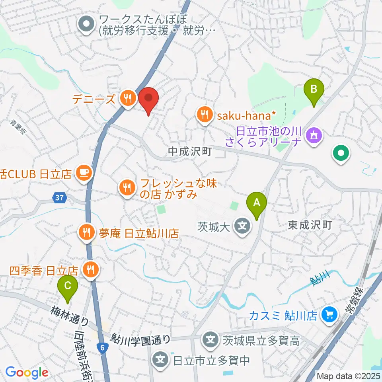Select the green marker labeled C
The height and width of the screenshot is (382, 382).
click(x=68, y=286)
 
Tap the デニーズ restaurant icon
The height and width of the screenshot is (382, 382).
click(x=127, y=98)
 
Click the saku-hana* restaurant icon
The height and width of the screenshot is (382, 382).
click(x=205, y=115)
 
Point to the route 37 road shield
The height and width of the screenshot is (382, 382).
click(x=58, y=197)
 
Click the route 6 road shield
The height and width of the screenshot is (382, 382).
click(x=103, y=347)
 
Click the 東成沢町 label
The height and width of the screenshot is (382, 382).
click(x=310, y=225)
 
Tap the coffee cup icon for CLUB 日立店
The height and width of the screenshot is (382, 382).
click(x=85, y=172)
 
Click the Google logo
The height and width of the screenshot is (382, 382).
click(x=27, y=372)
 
